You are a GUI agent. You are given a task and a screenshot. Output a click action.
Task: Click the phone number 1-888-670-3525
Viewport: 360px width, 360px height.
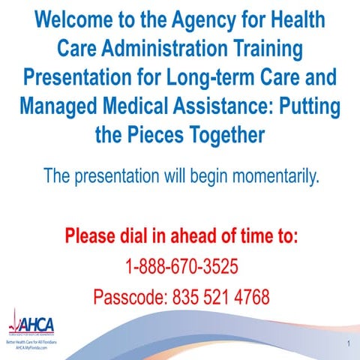pos(181,266)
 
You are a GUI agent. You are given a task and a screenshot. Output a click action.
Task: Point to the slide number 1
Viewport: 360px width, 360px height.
pos(349,343)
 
